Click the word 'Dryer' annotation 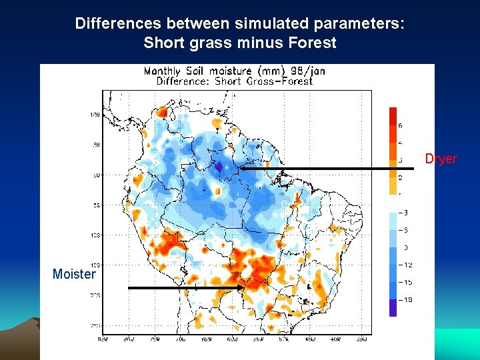pos(441,159)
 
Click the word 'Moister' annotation pos(74,274)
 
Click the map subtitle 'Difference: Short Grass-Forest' pos(234,81)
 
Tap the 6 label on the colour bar pos(400,125)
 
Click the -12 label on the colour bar pos(404,265)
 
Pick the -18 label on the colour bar pos(404,300)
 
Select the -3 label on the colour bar pos(403,212)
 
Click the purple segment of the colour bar pos(393,307)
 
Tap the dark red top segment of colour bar pos(393,115)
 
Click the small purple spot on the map pos(219,167)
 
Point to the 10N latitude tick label pos(95,115)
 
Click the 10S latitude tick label pos(95,235)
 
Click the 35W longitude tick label pos(361,339)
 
